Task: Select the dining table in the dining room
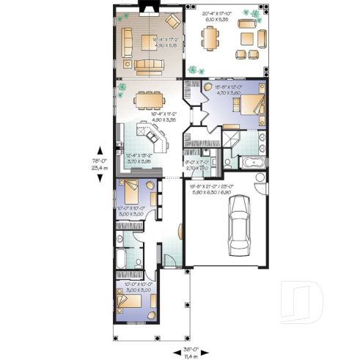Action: (x=150, y=99)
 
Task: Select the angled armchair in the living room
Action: (x=173, y=20)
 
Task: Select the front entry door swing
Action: (x=167, y=260)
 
